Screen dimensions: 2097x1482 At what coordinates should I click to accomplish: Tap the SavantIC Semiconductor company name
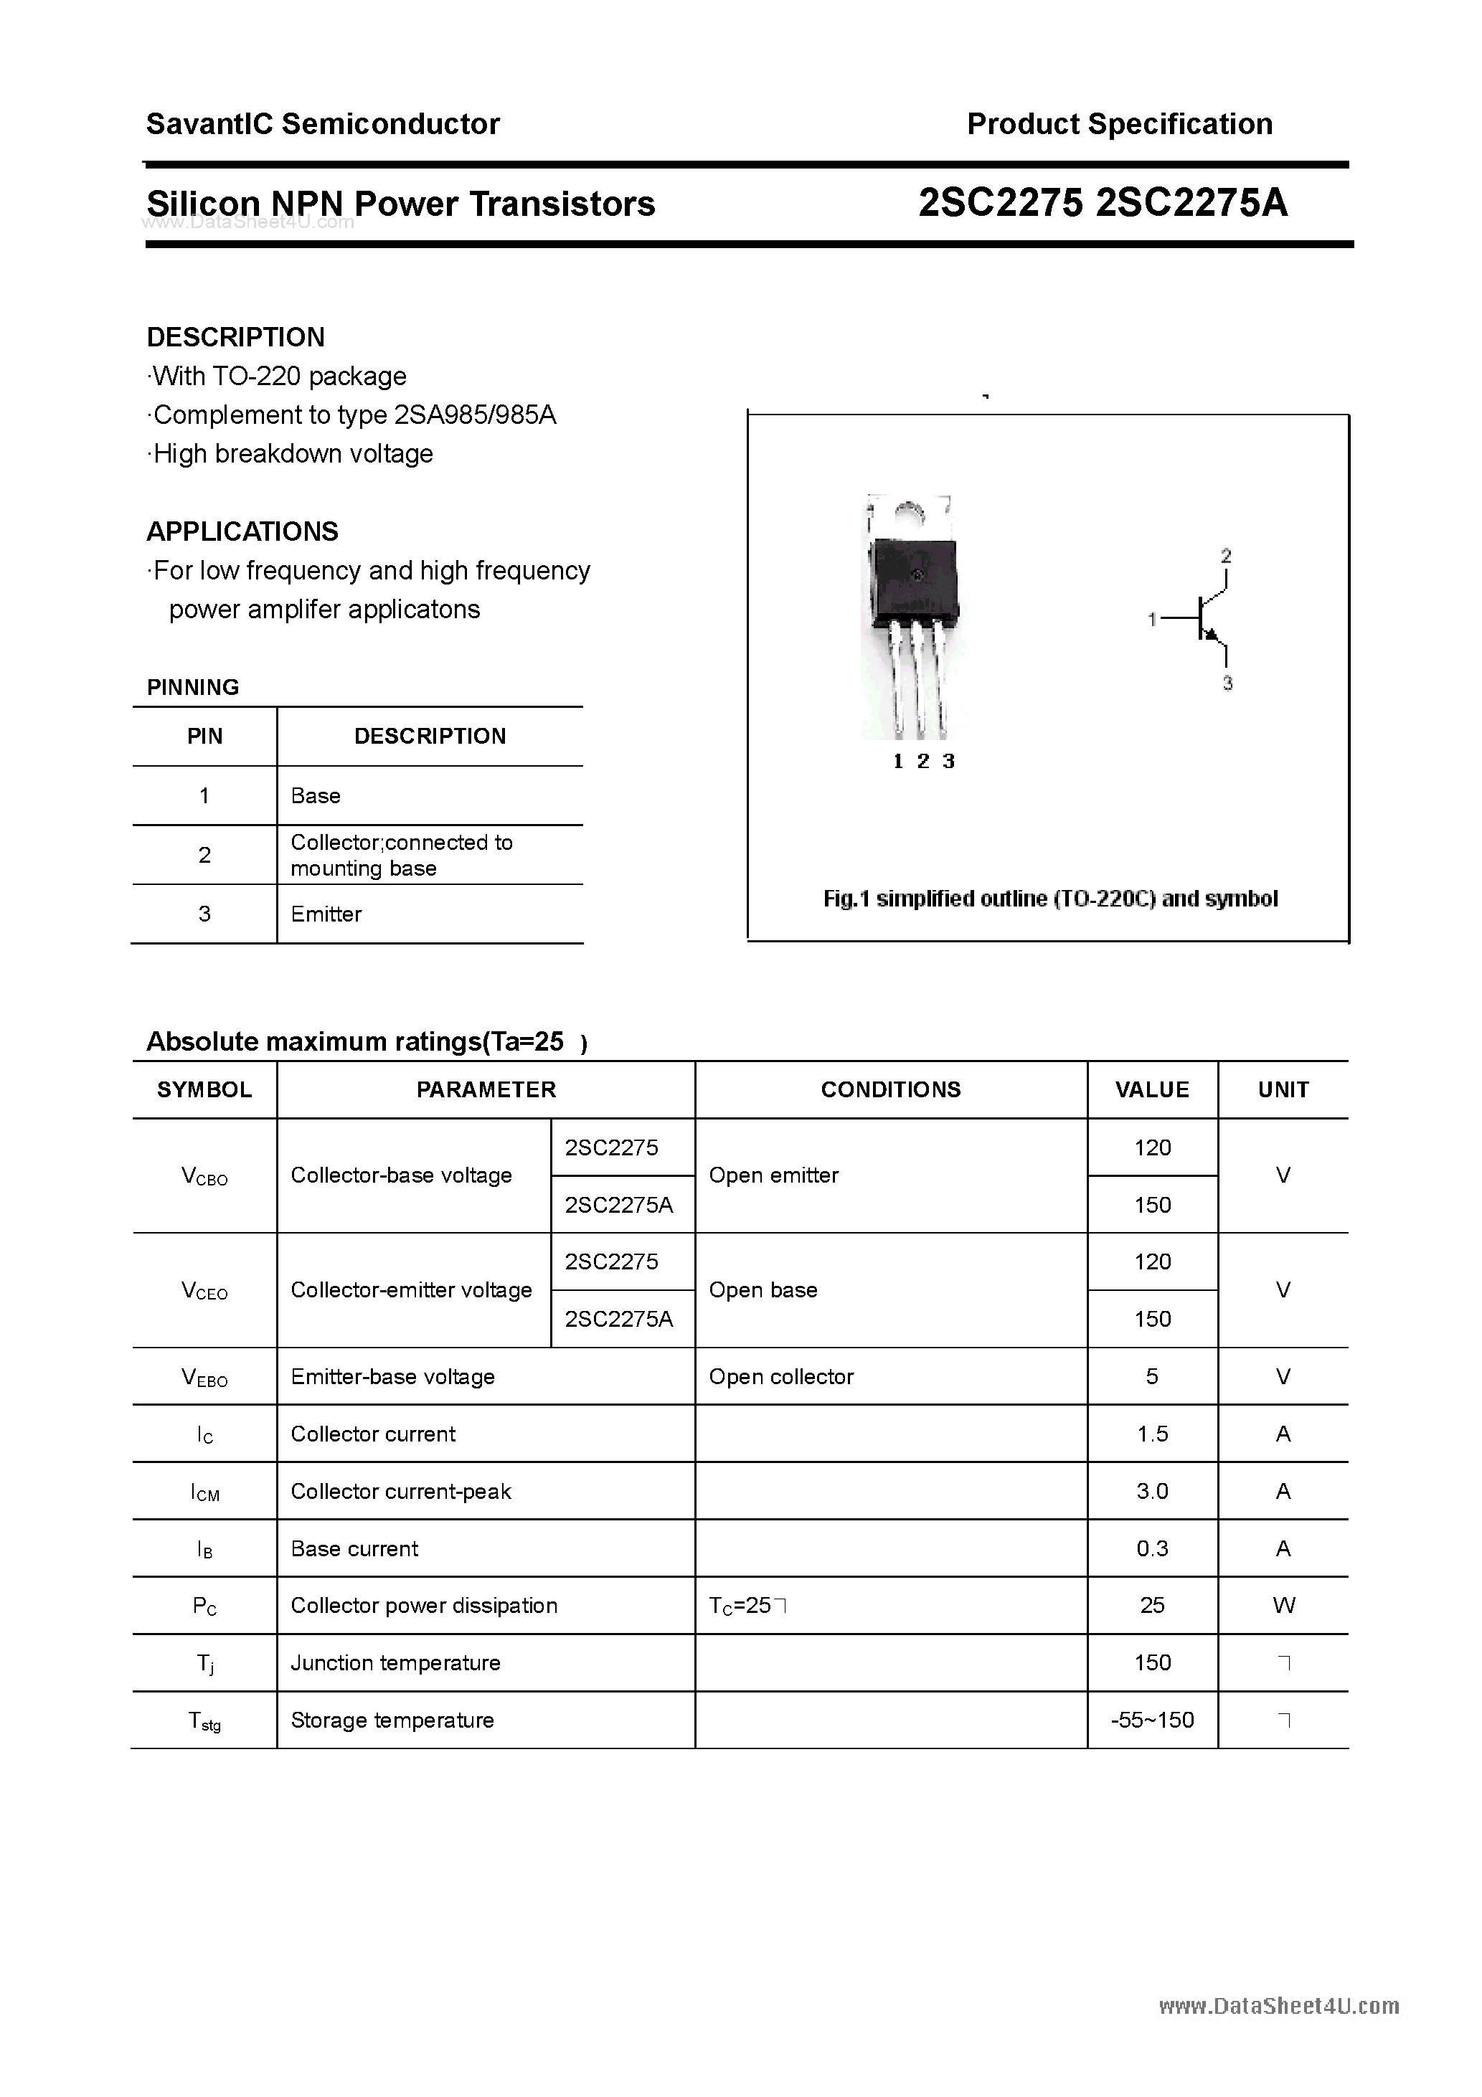pyautogui.click(x=323, y=123)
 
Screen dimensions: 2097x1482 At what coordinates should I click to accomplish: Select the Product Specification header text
pyautogui.click(x=1119, y=123)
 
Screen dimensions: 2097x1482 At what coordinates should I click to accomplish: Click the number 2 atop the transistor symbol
pyautogui.click(x=1226, y=555)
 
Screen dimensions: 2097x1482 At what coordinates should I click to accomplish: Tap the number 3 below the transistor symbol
pyautogui.click(x=1227, y=683)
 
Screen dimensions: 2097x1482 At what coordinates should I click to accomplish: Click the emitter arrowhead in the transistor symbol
pyautogui.click(x=1212, y=635)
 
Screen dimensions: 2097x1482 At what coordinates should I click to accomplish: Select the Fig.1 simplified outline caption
pyautogui.click(x=1050, y=899)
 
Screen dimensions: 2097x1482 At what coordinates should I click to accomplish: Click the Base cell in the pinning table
pyautogui.click(x=315, y=795)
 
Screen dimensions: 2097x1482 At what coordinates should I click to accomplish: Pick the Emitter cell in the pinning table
pyautogui.click(x=326, y=914)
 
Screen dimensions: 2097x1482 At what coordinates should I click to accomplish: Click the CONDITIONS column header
pyautogui.click(x=890, y=1089)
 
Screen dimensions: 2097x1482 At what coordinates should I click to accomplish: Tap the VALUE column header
pyautogui.click(x=1151, y=1089)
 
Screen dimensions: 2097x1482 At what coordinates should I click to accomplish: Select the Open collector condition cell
pyautogui.click(x=780, y=1376)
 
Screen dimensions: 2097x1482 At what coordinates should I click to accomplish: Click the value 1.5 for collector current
pyautogui.click(x=1151, y=1434)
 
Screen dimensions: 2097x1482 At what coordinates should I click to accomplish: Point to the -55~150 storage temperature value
pyautogui.click(x=1151, y=1720)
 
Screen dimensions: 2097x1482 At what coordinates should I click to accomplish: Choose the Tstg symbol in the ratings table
pyautogui.click(x=204, y=1720)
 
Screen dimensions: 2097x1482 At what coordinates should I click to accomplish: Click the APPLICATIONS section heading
pyautogui.click(x=242, y=531)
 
